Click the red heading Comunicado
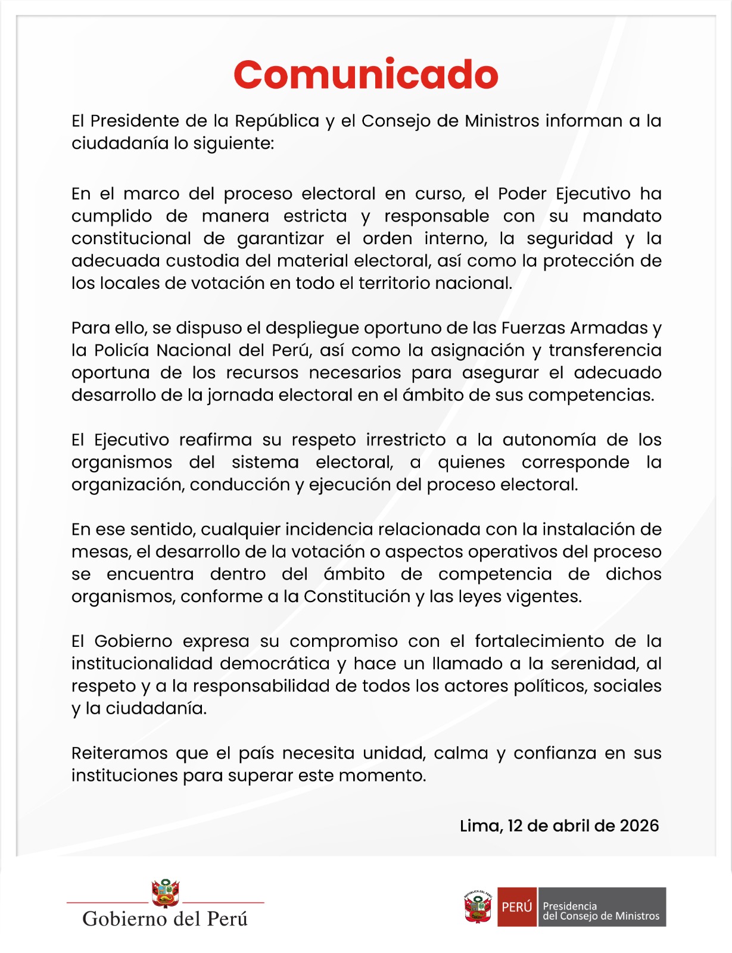coord(366,75)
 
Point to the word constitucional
coord(131,238)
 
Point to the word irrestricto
coord(406,440)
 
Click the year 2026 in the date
coord(639,826)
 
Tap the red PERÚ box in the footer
coord(516,907)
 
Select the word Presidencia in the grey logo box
coord(569,906)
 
